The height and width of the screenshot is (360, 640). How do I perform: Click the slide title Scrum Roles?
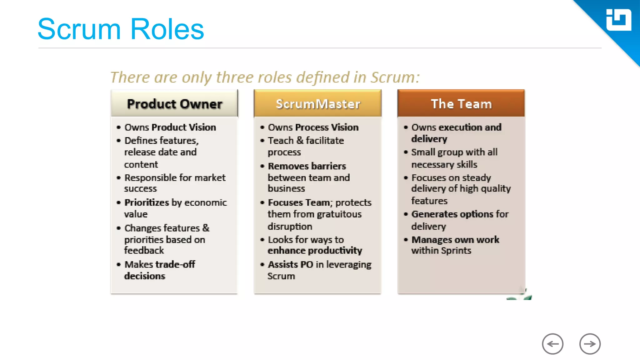(x=121, y=29)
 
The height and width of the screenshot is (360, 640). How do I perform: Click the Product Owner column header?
(x=174, y=104)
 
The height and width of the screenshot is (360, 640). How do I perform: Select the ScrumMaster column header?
(x=318, y=104)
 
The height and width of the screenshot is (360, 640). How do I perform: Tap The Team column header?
(x=461, y=104)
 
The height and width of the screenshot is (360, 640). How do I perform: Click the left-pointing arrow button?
(x=552, y=344)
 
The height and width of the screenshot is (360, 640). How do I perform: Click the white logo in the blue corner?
(x=618, y=20)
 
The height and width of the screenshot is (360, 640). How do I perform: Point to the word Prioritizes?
(x=147, y=202)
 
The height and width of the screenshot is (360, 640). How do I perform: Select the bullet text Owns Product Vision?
(x=170, y=127)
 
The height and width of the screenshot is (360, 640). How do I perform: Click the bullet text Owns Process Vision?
(x=313, y=127)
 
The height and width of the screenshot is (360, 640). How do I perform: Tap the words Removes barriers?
(x=307, y=166)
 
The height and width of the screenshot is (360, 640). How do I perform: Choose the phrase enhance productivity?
(x=315, y=251)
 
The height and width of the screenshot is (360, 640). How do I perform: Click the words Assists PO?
(x=290, y=264)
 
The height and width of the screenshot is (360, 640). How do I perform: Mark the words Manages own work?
(x=455, y=240)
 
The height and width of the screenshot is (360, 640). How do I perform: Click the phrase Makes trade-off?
(x=160, y=264)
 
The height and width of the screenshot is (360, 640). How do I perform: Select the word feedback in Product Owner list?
(x=144, y=251)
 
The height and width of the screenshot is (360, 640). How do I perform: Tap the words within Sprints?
(x=441, y=251)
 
